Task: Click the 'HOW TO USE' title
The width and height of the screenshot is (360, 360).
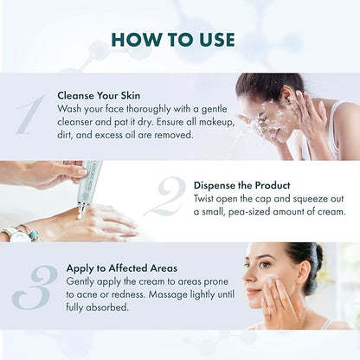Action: click(x=173, y=40)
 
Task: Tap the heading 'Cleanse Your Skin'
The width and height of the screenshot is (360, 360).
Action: click(x=99, y=95)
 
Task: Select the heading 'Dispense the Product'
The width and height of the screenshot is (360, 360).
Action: click(x=241, y=185)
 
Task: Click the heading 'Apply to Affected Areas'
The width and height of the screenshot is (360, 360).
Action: click(x=122, y=268)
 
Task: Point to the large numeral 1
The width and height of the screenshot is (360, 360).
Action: click(x=31, y=115)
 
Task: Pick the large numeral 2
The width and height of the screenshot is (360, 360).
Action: click(x=166, y=197)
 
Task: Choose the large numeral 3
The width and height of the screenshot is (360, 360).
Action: click(x=35, y=287)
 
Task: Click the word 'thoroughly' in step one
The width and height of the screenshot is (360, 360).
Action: click(x=149, y=109)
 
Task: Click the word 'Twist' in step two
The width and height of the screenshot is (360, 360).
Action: click(x=203, y=199)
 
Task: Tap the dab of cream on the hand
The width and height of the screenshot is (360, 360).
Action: click(x=80, y=216)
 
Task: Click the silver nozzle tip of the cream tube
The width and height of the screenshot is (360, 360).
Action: click(x=82, y=207)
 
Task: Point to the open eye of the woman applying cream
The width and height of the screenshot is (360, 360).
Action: click(x=263, y=265)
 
